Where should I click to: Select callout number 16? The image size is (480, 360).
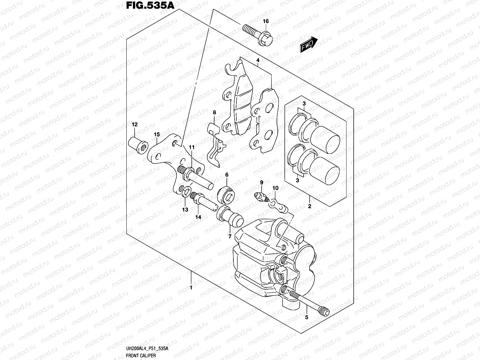(266, 21)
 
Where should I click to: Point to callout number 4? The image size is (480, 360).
(258, 61)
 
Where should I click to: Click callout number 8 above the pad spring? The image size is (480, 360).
(214, 112)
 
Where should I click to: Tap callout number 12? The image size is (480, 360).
(134, 124)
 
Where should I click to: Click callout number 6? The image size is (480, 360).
(226, 175)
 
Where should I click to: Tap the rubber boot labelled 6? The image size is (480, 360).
(226, 194)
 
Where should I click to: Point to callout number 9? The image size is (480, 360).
(261, 182)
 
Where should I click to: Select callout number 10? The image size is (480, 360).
(275, 188)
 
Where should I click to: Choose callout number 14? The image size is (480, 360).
(198, 217)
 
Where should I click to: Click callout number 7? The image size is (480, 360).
(229, 236)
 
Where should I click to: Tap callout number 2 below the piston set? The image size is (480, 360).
(309, 206)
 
